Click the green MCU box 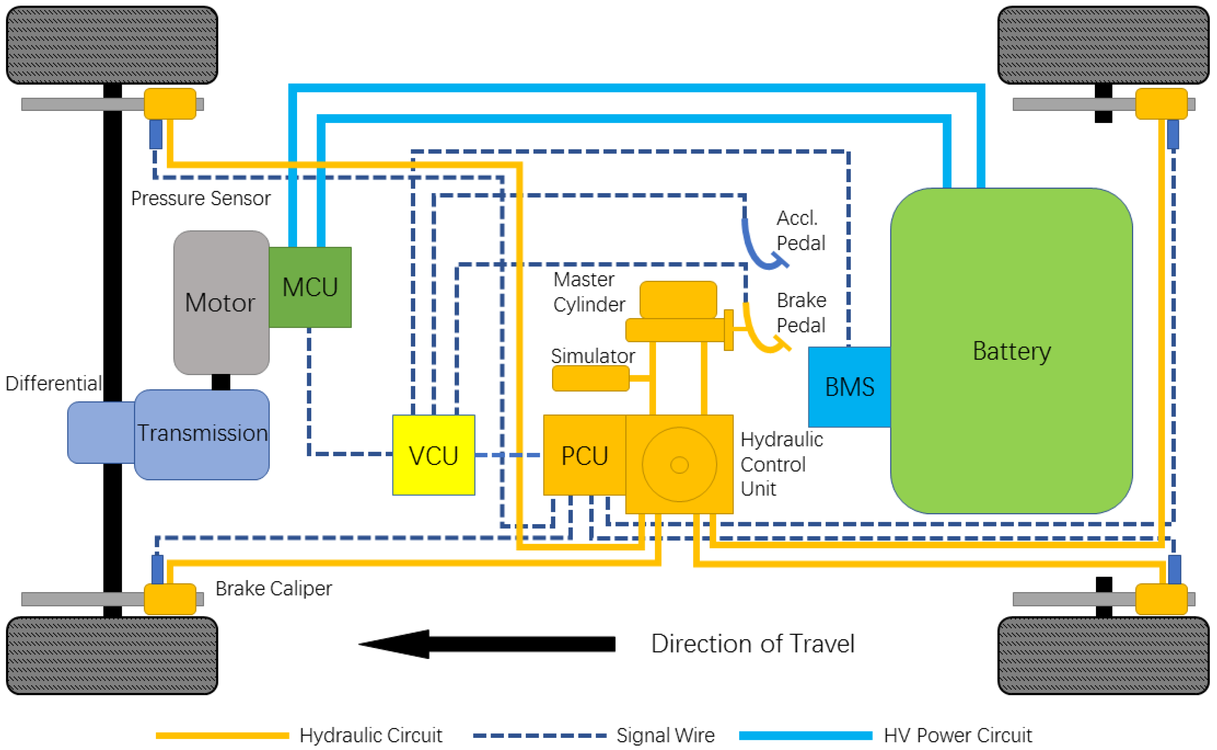310,287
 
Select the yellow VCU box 433,455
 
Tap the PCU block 584,455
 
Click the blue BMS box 849,387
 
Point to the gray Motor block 221,303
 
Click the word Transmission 202,433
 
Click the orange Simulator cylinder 590,378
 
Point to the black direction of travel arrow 486,644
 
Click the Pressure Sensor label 200,198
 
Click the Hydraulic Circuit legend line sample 222,735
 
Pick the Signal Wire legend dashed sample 539,735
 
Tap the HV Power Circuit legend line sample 805,735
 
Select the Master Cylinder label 588,292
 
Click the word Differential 53,383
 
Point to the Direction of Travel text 752,644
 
